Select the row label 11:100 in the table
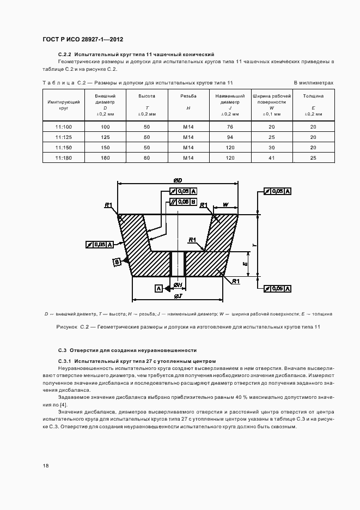(63, 126)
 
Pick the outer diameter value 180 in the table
(106, 157)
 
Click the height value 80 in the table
(147, 157)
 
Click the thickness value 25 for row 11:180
(313, 157)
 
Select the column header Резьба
(188, 96)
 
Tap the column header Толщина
(313, 96)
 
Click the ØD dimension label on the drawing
(178, 180)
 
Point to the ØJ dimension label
(178, 296)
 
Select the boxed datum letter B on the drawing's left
(117, 262)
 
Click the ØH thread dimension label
(177, 285)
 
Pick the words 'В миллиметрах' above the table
(313, 83)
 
